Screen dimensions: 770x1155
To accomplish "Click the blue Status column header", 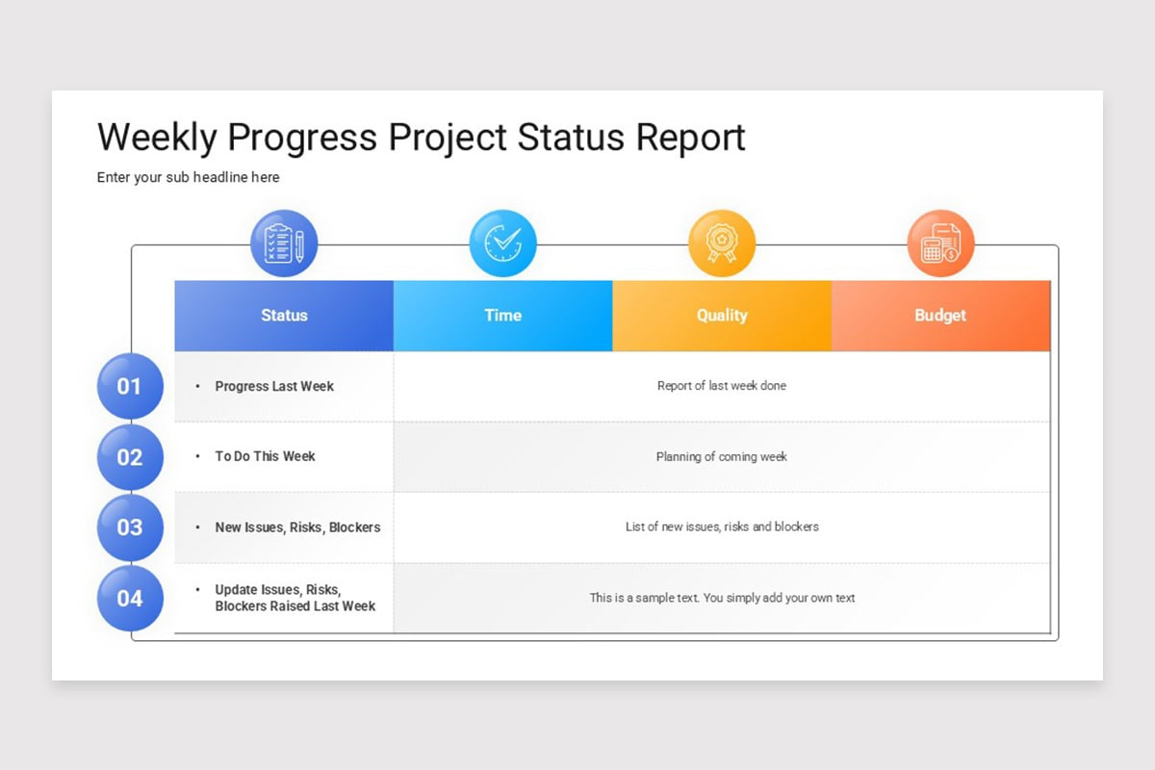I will (284, 316).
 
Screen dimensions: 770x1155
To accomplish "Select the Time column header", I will (502, 316).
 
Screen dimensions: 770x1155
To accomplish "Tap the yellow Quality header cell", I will (722, 316).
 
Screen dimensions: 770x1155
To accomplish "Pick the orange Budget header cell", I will (940, 316).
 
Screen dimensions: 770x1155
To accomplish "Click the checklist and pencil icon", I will (284, 244).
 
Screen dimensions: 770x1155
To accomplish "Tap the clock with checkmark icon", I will (502, 244).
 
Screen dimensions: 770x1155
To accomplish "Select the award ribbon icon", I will (722, 244).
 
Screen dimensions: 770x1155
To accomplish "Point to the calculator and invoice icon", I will (940, 244).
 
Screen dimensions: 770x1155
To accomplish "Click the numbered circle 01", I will (130, 386).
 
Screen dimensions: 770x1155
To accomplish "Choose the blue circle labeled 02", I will (130, 457).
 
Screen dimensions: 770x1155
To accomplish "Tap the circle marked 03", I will (130, 527).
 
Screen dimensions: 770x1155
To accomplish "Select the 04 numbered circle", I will (130, 599).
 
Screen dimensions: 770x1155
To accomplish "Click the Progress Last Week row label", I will (274, 386).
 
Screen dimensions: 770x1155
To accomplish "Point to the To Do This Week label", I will (265, 456).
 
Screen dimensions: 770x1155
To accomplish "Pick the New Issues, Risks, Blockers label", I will (297, 527).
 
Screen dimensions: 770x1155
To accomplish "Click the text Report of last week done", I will (721, 386).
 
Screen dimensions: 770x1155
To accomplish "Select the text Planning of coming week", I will (721, 457).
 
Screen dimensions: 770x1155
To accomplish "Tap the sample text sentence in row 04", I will (722, 598).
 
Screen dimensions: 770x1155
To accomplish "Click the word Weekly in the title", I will (157, 138).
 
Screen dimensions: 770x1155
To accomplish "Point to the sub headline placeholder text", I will (188, 177).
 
